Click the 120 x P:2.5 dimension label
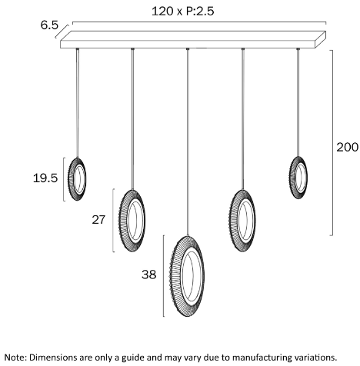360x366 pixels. point(182,12)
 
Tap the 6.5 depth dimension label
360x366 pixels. point(49,25)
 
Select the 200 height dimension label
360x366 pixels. point(347,148)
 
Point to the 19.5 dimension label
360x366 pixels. point(45,178)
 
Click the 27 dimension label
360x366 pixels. point(98,220)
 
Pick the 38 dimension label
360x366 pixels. point(149,274)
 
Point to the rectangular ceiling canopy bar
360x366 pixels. point(193,40)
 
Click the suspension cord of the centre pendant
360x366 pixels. point(188,142)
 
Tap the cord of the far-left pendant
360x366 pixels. point(78,103)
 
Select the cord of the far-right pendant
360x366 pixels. point(298,102)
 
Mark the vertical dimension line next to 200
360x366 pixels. point(332,142)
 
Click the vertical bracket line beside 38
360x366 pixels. point(164,276)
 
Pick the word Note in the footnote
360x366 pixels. point(15,358)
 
